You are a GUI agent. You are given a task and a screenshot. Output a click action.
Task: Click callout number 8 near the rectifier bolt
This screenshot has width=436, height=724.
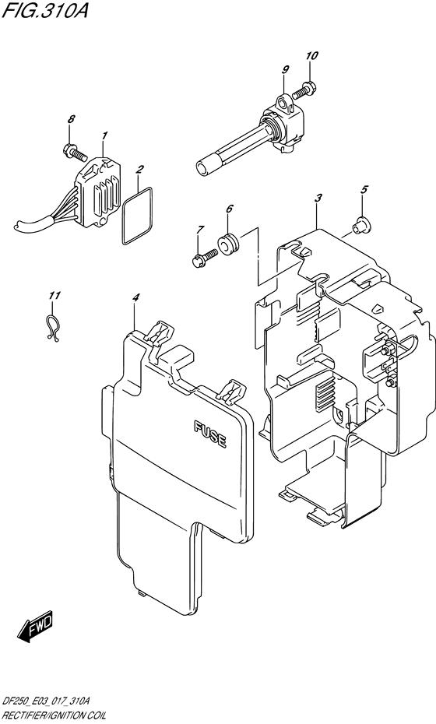71,119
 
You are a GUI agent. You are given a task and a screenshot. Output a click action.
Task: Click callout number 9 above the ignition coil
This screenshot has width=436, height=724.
285,70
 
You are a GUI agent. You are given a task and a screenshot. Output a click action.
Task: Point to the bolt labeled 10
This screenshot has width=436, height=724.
309,90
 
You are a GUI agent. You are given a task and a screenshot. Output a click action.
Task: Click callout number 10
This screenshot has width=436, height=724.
312,55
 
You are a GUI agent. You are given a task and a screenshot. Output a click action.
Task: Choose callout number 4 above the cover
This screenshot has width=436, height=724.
135,297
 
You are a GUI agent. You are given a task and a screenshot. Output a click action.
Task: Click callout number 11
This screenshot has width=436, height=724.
53,296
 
